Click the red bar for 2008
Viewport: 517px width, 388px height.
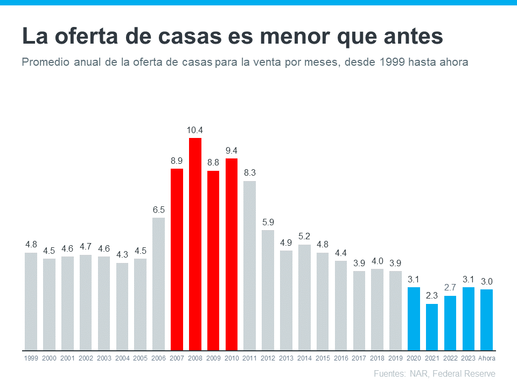195,244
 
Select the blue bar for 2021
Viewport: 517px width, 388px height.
432,327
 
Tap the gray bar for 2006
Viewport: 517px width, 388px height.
159,283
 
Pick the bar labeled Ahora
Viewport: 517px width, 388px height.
487,319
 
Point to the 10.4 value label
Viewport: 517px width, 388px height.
195,130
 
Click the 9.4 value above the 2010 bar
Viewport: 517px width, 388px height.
232,150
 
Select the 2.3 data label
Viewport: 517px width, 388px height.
432,296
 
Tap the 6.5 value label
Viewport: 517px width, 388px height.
159,210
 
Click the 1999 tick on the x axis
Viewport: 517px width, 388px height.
31,358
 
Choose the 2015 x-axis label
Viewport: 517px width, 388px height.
323,358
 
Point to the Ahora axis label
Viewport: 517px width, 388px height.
487,358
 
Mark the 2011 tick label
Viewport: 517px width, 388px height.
250,358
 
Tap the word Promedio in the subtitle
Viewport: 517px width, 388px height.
45,62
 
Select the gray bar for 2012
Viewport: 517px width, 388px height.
268,290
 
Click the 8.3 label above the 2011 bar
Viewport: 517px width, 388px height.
250,173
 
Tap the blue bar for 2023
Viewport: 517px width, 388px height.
469,318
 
